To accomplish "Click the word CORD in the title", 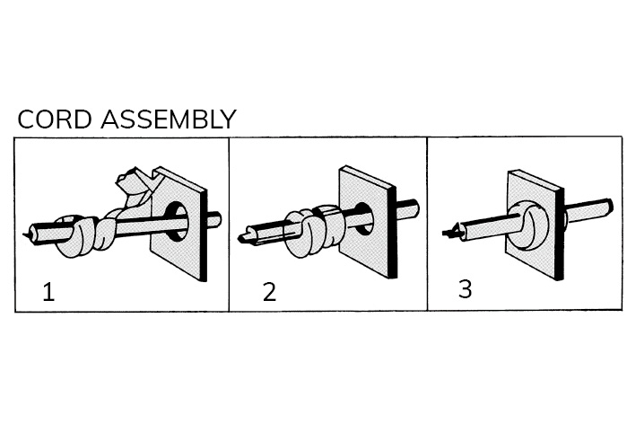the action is [55, 119].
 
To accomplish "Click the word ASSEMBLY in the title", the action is [169, 119].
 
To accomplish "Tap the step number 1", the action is [48, 292].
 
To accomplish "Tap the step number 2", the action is [270, 292].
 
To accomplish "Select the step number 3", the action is [466, 289].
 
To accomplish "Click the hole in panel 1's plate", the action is [177, 221].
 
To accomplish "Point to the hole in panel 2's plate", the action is [364, 218].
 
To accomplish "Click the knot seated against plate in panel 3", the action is [528, 225].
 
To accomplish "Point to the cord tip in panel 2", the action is [243, 237].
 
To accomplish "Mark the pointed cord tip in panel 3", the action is [451, 232].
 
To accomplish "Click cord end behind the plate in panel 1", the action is [215, 218].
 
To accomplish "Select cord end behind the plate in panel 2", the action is [409, 208].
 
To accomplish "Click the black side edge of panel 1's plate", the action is [204, 234].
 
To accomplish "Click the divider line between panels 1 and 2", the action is [229, 225].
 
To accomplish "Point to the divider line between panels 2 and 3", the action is [427, 224].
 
